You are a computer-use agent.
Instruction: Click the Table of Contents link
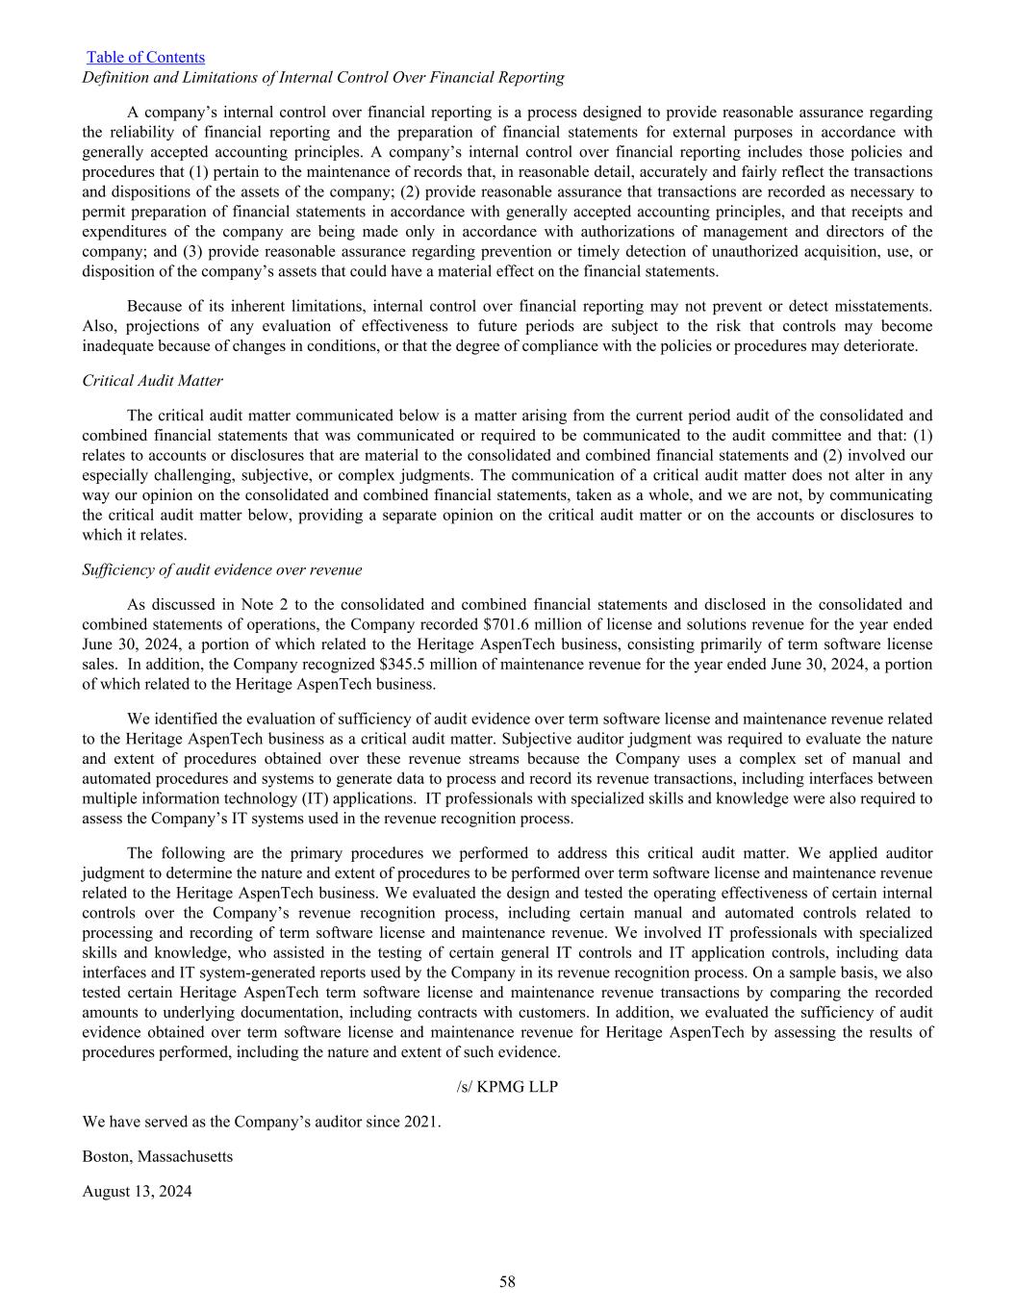(145, 58)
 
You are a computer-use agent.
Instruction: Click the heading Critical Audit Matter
(152, 381)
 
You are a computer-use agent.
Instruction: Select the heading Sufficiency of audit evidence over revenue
(222, 570)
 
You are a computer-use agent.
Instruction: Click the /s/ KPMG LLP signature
(507, 1087)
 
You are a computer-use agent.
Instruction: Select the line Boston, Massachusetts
(158, 1156)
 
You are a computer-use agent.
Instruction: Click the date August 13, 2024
(137, 1192)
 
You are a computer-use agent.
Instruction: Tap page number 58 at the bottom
(507, 1281)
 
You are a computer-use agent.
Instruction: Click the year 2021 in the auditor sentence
(422, 1122)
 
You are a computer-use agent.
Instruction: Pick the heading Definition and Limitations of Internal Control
(323, 78)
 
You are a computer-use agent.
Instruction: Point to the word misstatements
(883, 307)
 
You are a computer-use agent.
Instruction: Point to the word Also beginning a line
(98, 326)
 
